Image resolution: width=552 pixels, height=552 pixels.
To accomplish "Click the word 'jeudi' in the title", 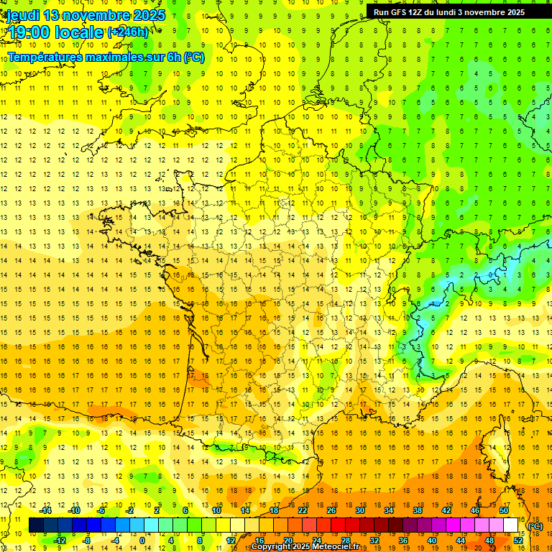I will click(24, 15).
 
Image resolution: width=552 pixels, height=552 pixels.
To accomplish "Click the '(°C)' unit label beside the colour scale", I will click(535, 526).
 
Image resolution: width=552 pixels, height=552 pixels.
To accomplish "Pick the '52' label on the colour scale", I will click(518, 540).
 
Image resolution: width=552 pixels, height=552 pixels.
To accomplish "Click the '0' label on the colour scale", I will click(142, 540).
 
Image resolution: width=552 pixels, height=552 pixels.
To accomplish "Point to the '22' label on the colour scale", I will click(303, 510).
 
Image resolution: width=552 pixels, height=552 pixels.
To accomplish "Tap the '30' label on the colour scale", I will click(360, 510).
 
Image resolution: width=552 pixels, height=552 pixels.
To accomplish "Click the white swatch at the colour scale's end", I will click(511, 525).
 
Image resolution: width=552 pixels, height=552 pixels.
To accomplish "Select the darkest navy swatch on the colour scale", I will click(36, 525).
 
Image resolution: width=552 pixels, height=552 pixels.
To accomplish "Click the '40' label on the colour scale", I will click(432, 540).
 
